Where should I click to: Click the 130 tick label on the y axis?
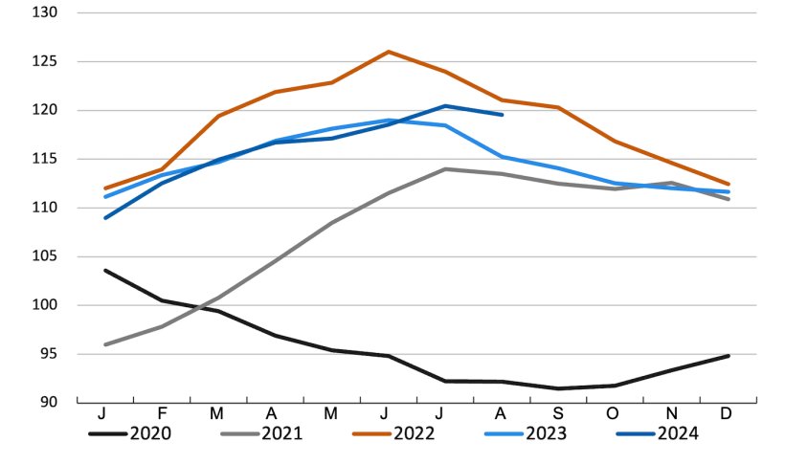click(45, 13)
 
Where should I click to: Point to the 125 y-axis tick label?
click(45, 62)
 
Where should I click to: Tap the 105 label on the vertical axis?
click(45, 256)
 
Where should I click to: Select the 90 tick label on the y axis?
click(48, 402)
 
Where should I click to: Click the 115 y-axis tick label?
click(45, 159)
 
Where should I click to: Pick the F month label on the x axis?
click(162, 414)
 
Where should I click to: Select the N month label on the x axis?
click(671, 414)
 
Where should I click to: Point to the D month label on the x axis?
click(728, 414)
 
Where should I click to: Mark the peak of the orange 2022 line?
click(388, 52)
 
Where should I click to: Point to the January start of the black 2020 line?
click(105, 271)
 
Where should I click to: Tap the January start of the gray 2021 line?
click(105, 344)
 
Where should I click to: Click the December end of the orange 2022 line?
click(729, 185)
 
